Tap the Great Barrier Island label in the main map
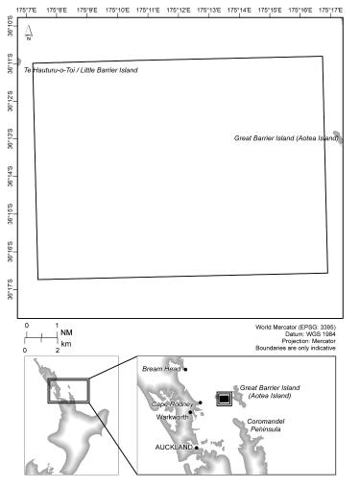coord(286,138)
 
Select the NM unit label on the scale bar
coord(66,333)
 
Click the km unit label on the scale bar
coord(66,343)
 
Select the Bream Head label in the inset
coord(160,368)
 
